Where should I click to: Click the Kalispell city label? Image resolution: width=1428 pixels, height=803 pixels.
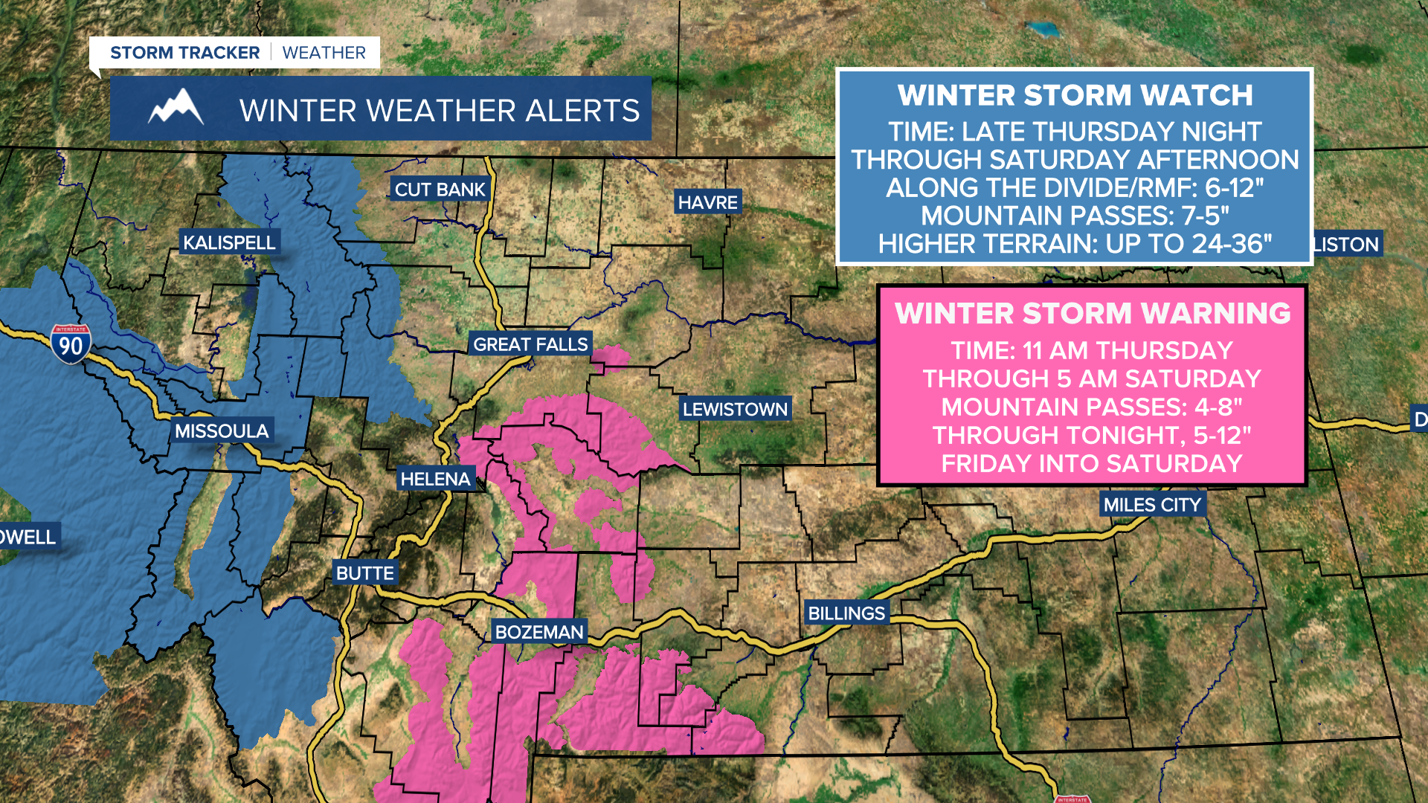pyautogui.click(x=229, y=242)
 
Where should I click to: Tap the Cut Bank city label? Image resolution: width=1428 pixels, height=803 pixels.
pyautogui.click(x=440, y=190)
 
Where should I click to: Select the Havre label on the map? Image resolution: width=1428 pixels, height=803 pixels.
pyautogui.click(x=707, y=202)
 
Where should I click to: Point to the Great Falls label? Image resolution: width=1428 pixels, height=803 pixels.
pyautogui.click(x=530, y=344)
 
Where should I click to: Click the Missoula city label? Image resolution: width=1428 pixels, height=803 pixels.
pyautogui.click(x=221, y=431)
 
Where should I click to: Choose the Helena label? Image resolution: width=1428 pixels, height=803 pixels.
pyautogui.click(x=435, y=479)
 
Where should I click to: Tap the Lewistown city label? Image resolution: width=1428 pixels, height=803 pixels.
pyautogui.click(x=735, y=409)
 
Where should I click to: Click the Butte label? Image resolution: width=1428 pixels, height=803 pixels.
pyautogui.click(x=364, y=573)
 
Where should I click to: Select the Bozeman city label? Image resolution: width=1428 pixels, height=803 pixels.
pyautogui.click(x=539, y=632)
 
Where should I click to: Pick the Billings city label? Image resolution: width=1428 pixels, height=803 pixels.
pyautogui.click(x=846, y=613)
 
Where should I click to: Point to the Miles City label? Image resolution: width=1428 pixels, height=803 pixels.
pyautogui.click(x=1151, y=505)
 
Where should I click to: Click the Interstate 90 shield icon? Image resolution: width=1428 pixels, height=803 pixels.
pyautogui.click(x=71, y=344)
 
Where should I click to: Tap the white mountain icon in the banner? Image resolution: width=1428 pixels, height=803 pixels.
pyautogui.click(x=176, y=108)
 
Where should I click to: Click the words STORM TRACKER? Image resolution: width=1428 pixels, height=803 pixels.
pyautogui.click(x=184, y=53)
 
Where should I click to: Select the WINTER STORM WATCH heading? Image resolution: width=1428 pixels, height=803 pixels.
pyautogui.click(x=1075, y=95)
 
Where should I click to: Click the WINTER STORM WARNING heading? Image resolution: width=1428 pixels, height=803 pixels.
pyautogui.click(x=1092, y=313)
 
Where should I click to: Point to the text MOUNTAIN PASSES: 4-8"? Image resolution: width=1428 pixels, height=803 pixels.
pyautogui.click(x=1092, y=407)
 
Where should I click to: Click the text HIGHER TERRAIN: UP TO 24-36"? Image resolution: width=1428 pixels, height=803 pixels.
pyautogui.click(x=1075, y=244)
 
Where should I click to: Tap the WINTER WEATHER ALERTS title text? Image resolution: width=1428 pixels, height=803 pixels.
pyautogui.click(x=439, y=110)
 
